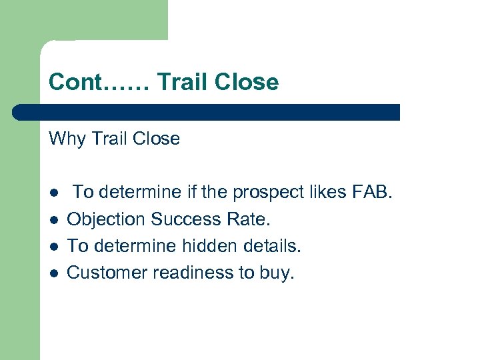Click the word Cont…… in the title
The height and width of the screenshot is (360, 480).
(101, 82)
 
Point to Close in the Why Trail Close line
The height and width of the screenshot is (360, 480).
(156, 139)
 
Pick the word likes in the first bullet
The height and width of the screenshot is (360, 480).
(325, 192)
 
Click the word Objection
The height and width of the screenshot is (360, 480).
(107, 219)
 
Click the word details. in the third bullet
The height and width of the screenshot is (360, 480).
(273, 245)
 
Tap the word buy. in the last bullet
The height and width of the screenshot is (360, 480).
(279, 273)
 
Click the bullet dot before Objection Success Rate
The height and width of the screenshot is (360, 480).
(53, 219)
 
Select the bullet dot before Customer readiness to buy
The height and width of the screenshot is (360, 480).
(53, 273)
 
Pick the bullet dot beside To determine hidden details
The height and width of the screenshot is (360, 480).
(53, 246)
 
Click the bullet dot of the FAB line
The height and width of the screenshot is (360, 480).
(53, 193)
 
